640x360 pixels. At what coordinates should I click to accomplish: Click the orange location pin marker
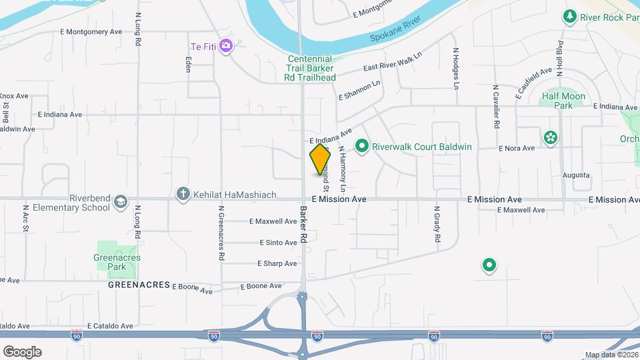click(x=320, y=159)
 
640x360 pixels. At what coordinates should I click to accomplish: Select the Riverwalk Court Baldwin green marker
click(x=362, y=145)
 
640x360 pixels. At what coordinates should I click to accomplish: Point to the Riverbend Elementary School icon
click(x=121, y=202)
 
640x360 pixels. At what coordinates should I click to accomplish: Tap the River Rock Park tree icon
click(x=569, y=16)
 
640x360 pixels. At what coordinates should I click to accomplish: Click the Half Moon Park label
click(x=563, y=101)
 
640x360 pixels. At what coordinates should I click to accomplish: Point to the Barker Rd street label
click(x=303, y=224)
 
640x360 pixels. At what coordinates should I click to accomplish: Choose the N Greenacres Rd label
click(x=221, y=233)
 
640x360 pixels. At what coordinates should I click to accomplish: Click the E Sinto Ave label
click(x=278, y=243)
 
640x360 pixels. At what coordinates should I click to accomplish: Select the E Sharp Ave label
click(x=277, y=263)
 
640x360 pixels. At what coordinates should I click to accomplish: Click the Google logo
click(x=22, y=351)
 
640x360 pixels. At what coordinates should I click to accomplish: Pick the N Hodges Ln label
click(x=457, y=68)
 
